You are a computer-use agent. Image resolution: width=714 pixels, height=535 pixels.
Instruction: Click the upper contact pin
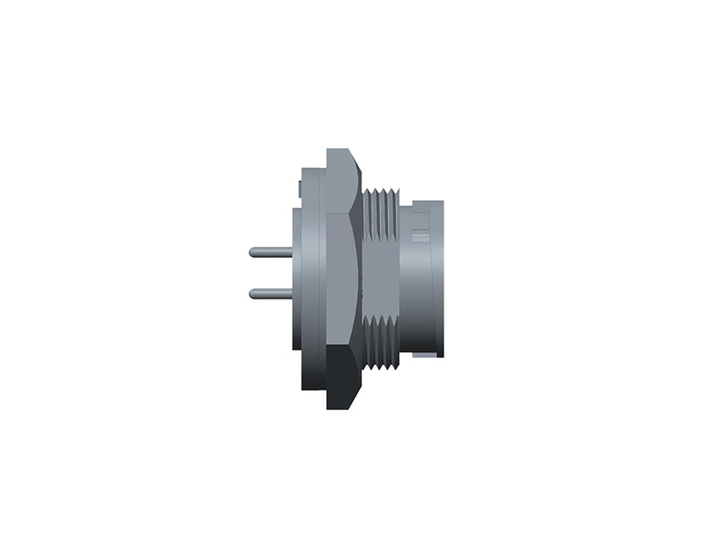coord(271,252)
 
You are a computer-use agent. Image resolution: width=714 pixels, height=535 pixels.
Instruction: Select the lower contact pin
coord(271,292)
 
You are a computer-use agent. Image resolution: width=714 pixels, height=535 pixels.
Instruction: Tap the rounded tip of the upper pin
coord(252,252)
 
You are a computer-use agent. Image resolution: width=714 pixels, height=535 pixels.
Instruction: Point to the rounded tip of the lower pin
coord(252,292)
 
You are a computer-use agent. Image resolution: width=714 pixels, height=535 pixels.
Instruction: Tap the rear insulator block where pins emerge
coord(296,276)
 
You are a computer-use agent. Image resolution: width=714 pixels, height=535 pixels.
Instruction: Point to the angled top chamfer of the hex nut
coord(353,174)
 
